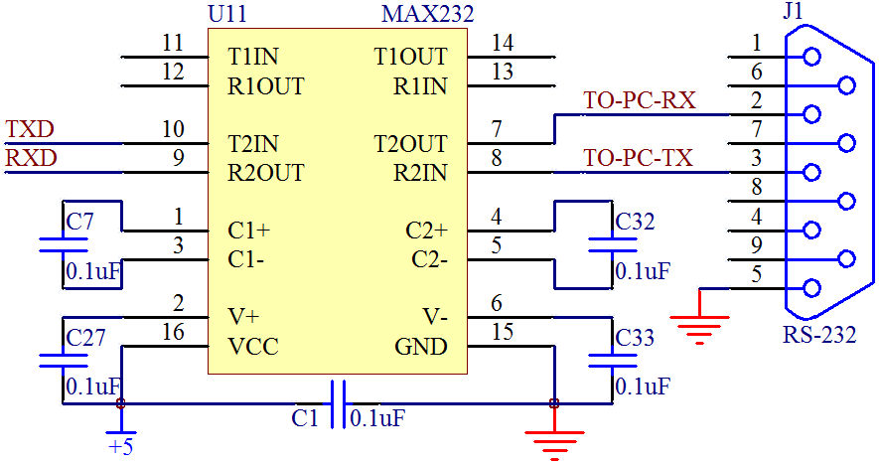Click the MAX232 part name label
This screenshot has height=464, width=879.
pyautogui.click(x=427, y=15)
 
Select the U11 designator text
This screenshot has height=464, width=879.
pyautogui.click(x=228, y=15)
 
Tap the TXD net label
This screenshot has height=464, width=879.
pyautogui.click(x=30, y=129)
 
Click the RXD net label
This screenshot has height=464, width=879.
pyautogui.click(x=31, y=158)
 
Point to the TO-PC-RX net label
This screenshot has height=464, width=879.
pyautogui.click(x=639, y=100)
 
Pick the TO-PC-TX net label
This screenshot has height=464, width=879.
pyautogui.click(x=638, y=158)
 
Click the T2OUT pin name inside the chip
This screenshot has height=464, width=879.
pyautogui.click(x=410, y=144)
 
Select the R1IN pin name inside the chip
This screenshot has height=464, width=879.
pyautogui.click(x=420, y=85)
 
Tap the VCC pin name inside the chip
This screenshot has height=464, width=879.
pyautogui.click(x=252, y=347)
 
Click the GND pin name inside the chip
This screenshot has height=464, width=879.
pyautogui.click(x=422, y=347)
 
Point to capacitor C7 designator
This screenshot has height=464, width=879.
pyautogui.click(x=79, y=222)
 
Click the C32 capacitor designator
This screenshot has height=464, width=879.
pyautogui.click(x=635, y=222)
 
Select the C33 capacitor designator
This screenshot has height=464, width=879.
pyautogui.click(x=635, y=338)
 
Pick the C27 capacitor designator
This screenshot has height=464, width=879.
pyautogui.click(x=84, y=338)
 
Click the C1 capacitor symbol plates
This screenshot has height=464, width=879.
pyautogui.click(x=338, y=404)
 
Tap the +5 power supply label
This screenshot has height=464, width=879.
pyautogui.click(x=120, y=447)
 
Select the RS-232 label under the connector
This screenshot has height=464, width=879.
pyautogui.click(x=818, y=334)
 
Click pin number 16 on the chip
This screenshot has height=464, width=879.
pyautogui.click(x=173, y=332)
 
